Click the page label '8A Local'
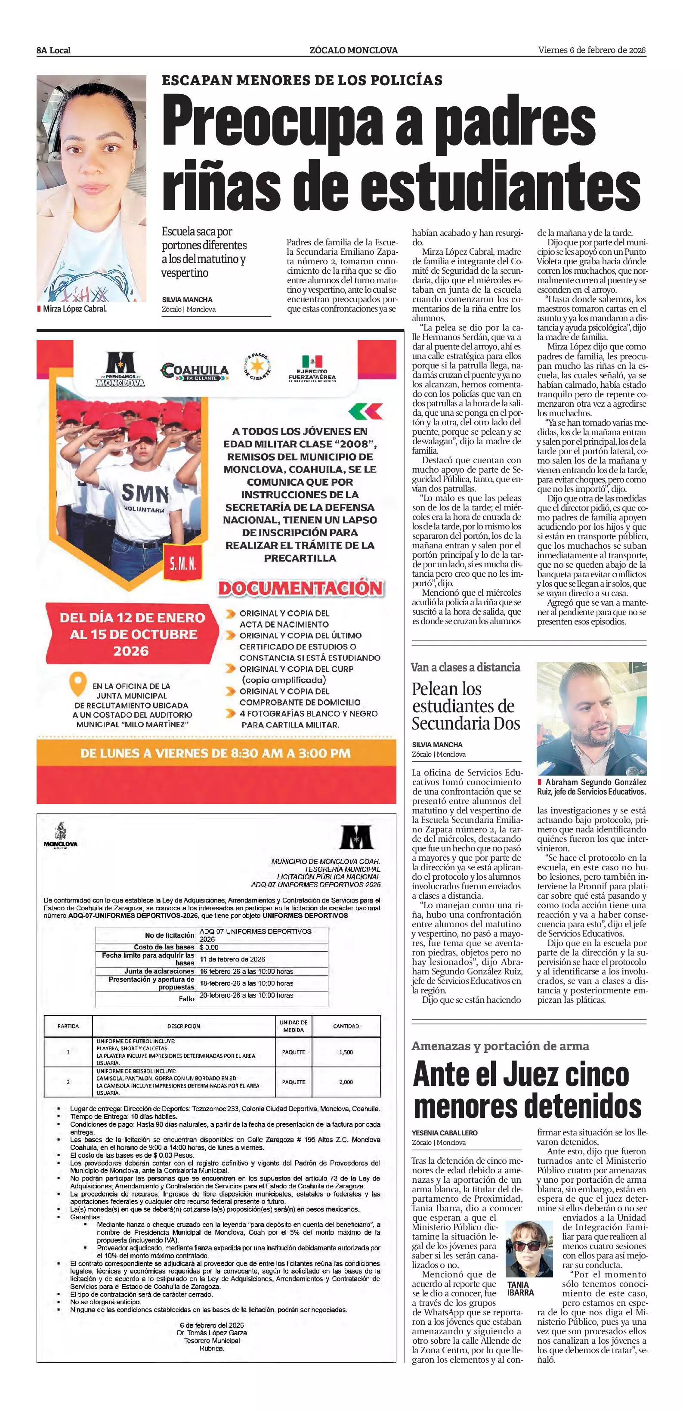click(x=54, y=50)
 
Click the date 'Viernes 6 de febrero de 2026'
click(x=592, y=50)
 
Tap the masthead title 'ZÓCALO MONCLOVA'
click(x=353, y=50)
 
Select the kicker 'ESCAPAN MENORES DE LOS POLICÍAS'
click(x=302, y=80)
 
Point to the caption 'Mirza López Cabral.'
click(x=74, y=309)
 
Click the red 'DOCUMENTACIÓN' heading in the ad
click(x=301, y=588)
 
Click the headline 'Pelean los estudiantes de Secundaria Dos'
click(x=466, y=706)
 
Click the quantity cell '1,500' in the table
click(x=346, y=1052)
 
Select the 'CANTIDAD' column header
click(x=346, y=1026)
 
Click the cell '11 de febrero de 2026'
click(x=232, y=959)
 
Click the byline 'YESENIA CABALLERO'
click(x=445, y=1132)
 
